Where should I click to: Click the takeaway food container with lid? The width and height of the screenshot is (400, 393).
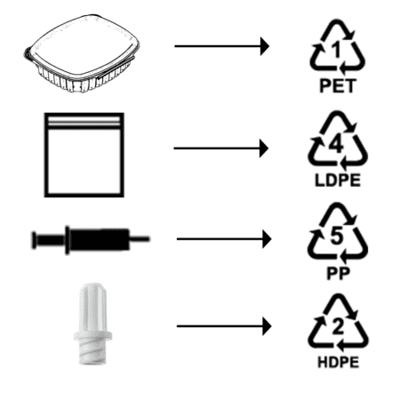[82, 52]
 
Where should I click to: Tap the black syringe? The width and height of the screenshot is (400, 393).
[91, 239]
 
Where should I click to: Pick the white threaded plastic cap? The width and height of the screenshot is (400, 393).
[92, 324]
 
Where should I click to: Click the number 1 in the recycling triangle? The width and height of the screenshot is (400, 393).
[337, 50]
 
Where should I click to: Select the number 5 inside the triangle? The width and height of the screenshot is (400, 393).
[337, 236]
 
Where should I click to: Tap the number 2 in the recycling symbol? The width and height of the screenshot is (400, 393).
[338, 327]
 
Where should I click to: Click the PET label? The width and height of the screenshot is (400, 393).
[338, 86]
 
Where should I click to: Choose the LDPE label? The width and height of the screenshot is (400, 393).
[338, 180]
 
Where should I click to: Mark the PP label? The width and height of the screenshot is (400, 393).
[338, 273]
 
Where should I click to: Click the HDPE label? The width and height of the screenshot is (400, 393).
[338, 363]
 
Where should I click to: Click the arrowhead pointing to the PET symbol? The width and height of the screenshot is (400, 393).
[264, 46]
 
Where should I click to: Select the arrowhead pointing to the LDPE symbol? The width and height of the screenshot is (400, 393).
[264, 148]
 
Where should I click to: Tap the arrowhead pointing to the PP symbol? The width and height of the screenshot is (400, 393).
[267, 239]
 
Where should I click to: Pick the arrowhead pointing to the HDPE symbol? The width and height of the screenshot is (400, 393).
[267, 326]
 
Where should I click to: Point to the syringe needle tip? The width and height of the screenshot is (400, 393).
[149, 238]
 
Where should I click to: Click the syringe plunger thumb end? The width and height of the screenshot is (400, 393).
[34, 240]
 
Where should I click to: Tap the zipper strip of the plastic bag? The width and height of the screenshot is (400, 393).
[84, 122]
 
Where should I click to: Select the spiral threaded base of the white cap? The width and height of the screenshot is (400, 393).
[92, 353]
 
